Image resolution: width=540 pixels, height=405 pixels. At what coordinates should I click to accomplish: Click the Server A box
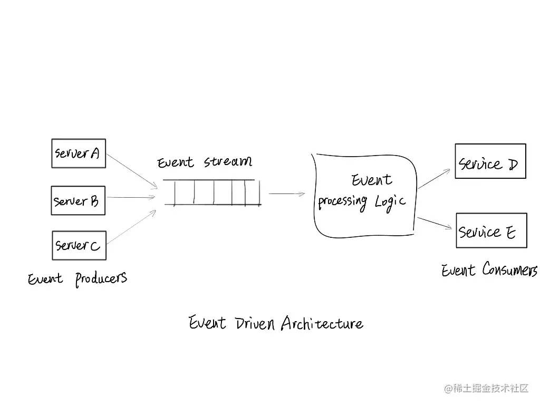78,153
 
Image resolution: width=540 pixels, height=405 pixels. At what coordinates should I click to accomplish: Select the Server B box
78,200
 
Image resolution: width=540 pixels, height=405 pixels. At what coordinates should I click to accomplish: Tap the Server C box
79,245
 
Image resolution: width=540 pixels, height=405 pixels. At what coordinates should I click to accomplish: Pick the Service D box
490,161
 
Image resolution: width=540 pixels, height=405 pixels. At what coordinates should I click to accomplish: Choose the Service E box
491,230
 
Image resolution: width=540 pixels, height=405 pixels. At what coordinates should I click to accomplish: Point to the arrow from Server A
132,170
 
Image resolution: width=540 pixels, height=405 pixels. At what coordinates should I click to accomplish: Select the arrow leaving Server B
131,198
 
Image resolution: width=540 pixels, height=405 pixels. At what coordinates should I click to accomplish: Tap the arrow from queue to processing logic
287,194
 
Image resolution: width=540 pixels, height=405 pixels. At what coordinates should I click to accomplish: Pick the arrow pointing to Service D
435,179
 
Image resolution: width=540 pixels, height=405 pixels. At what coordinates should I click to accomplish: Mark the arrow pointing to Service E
435,223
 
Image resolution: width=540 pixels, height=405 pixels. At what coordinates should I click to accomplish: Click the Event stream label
205,162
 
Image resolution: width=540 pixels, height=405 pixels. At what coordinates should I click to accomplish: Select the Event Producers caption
78,278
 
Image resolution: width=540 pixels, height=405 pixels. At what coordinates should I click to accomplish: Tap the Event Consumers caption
489,271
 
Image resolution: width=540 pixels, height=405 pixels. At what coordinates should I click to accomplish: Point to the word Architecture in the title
322,323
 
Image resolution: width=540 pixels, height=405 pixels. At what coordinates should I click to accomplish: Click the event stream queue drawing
212,192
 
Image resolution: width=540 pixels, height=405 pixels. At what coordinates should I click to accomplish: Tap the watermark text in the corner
486,389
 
